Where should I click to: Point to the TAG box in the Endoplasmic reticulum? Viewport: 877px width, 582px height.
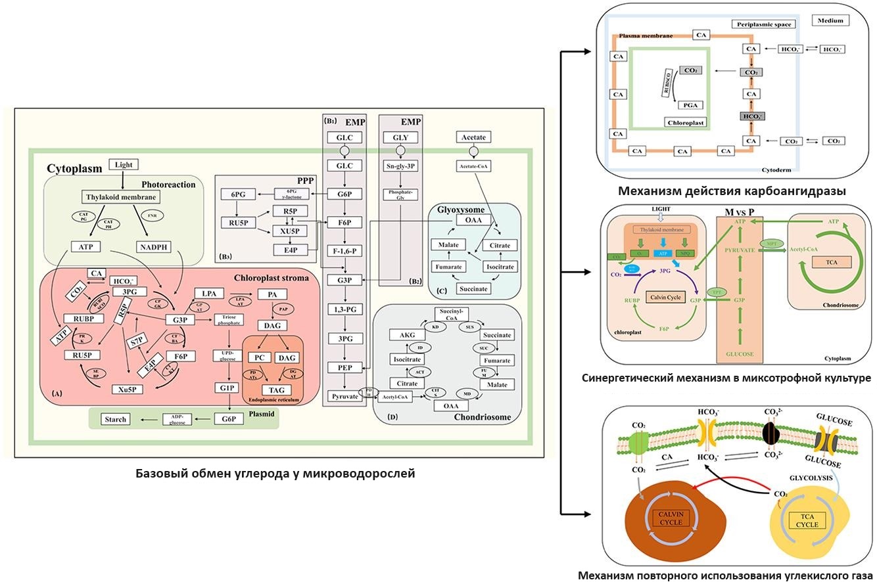(273, 390)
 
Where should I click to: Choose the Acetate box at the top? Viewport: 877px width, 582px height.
(473, 137)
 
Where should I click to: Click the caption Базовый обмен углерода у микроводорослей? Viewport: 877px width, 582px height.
(275, 473)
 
